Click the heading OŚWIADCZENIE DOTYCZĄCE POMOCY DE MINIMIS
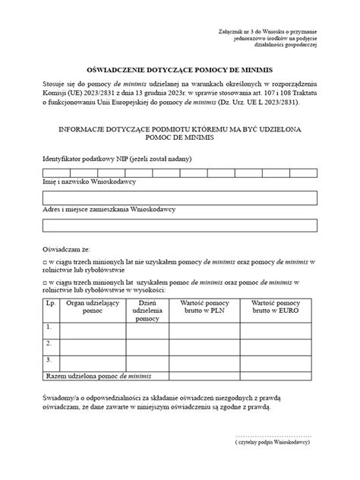(179, 67)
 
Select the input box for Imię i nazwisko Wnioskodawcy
(179, 198)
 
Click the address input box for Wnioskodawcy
(179, 225)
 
